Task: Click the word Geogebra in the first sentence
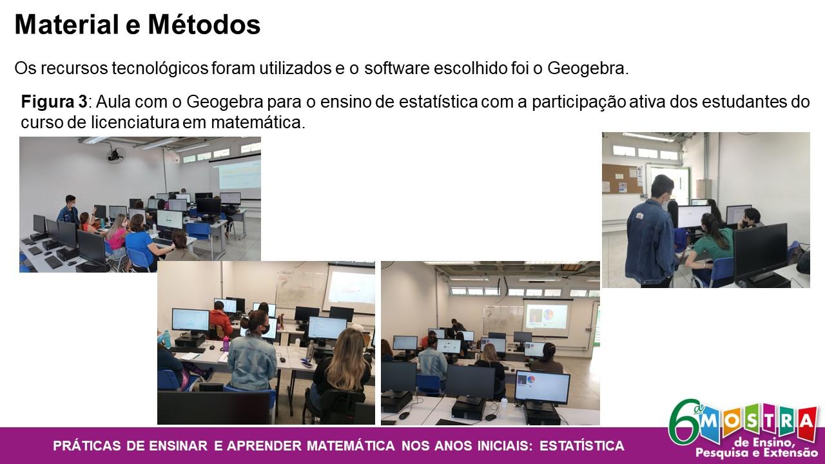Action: tap(587, 68)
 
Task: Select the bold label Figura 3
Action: tap(54, 102)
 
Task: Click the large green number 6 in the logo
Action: tap(685, 422)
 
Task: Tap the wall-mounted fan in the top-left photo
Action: tap(115, 154)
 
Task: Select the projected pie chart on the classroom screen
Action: tap(548, 315)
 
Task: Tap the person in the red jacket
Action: tap(220, 320)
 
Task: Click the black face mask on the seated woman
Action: tap(264, 329)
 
